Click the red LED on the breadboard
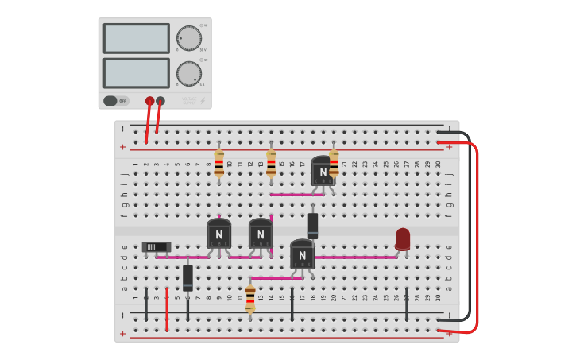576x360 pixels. pyautogui.click(x=403, y=238)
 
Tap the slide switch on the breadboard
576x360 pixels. pyautogui.click(x=156, y=247)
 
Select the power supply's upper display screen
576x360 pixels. pyautogui.click(x=136, y=38)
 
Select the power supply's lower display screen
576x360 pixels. pyautogui.click(x=136, y=73)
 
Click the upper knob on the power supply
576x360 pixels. pyautogui.click(x=188, y=38)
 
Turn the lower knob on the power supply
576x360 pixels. pyautogui.click(x=188, y=73)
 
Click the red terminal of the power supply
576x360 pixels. pyautogui.click(x=149, y=101)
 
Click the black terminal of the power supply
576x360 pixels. pyautogui.click(x=160, y=101)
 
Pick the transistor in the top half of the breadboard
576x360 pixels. pyautogui.click(x=322, y=171)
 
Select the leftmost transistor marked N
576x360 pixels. pyautogui.click(x=218, y=234)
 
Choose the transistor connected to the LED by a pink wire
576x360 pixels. pyautogui.click(x=302, y=254)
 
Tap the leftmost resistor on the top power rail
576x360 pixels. pyautogui.click(x=219, y=163)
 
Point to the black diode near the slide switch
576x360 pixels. pyautogui.click(x=187, y=277)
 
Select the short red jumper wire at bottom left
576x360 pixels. pyautogui.click(x=167, y=312)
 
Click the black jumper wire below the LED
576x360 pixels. pyautogui.click(x=407, y=306)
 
